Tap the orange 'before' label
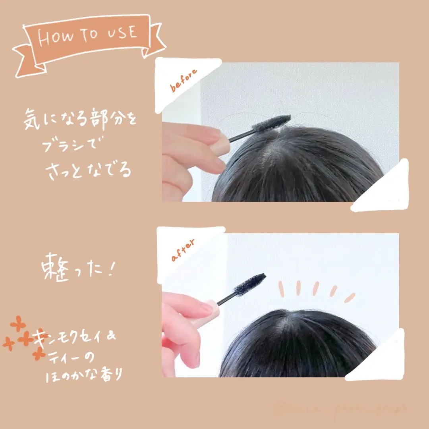point(184,81)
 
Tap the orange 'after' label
point(183,250)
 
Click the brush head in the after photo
point(250,284)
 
